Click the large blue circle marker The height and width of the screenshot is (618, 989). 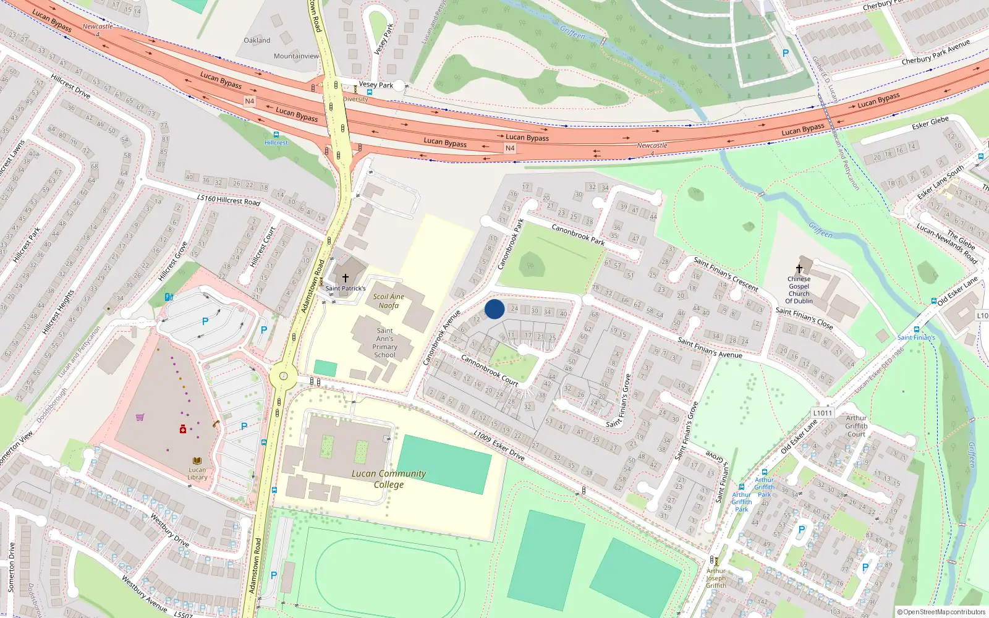click(x=494, y=309)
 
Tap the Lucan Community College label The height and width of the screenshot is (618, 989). click(x=389, y=479)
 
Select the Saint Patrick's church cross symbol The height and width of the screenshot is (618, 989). click(x=346, y=279)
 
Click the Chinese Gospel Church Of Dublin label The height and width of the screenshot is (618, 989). click(x=799, y=290)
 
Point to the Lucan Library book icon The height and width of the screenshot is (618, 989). click(x=197, y=461)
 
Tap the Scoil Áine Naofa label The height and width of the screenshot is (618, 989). click(x=388, y=301)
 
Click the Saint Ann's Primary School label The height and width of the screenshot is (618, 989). click(x=384, y=343)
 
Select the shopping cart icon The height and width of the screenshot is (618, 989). click(x=140, y=417)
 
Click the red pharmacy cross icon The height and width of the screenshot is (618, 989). click(x=183, y=429)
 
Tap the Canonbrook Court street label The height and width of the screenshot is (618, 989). click(x=490, y=370)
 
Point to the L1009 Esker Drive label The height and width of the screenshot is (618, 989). click(x=499, y=446)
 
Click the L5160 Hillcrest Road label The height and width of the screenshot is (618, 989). click(x=229, y=200)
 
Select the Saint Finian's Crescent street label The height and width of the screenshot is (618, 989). click(x=726, y=274)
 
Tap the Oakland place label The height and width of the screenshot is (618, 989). click(x=257, y=40)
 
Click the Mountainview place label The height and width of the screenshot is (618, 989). click(x=296, y=56)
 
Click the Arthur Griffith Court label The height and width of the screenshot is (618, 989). click(x=856, y=426)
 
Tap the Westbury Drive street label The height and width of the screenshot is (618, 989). click(x=169, y=530)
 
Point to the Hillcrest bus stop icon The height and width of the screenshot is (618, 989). click(x=276, y=134)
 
